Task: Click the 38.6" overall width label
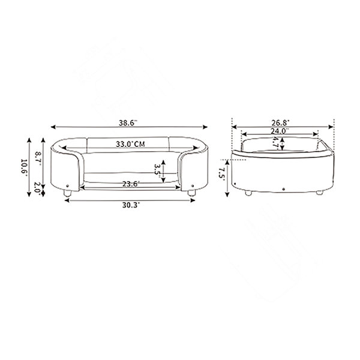128,123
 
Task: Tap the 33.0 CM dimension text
130,144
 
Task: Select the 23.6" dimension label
131,184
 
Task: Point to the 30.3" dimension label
131,205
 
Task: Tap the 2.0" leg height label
37,188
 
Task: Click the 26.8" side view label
281,123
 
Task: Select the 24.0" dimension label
280,131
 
